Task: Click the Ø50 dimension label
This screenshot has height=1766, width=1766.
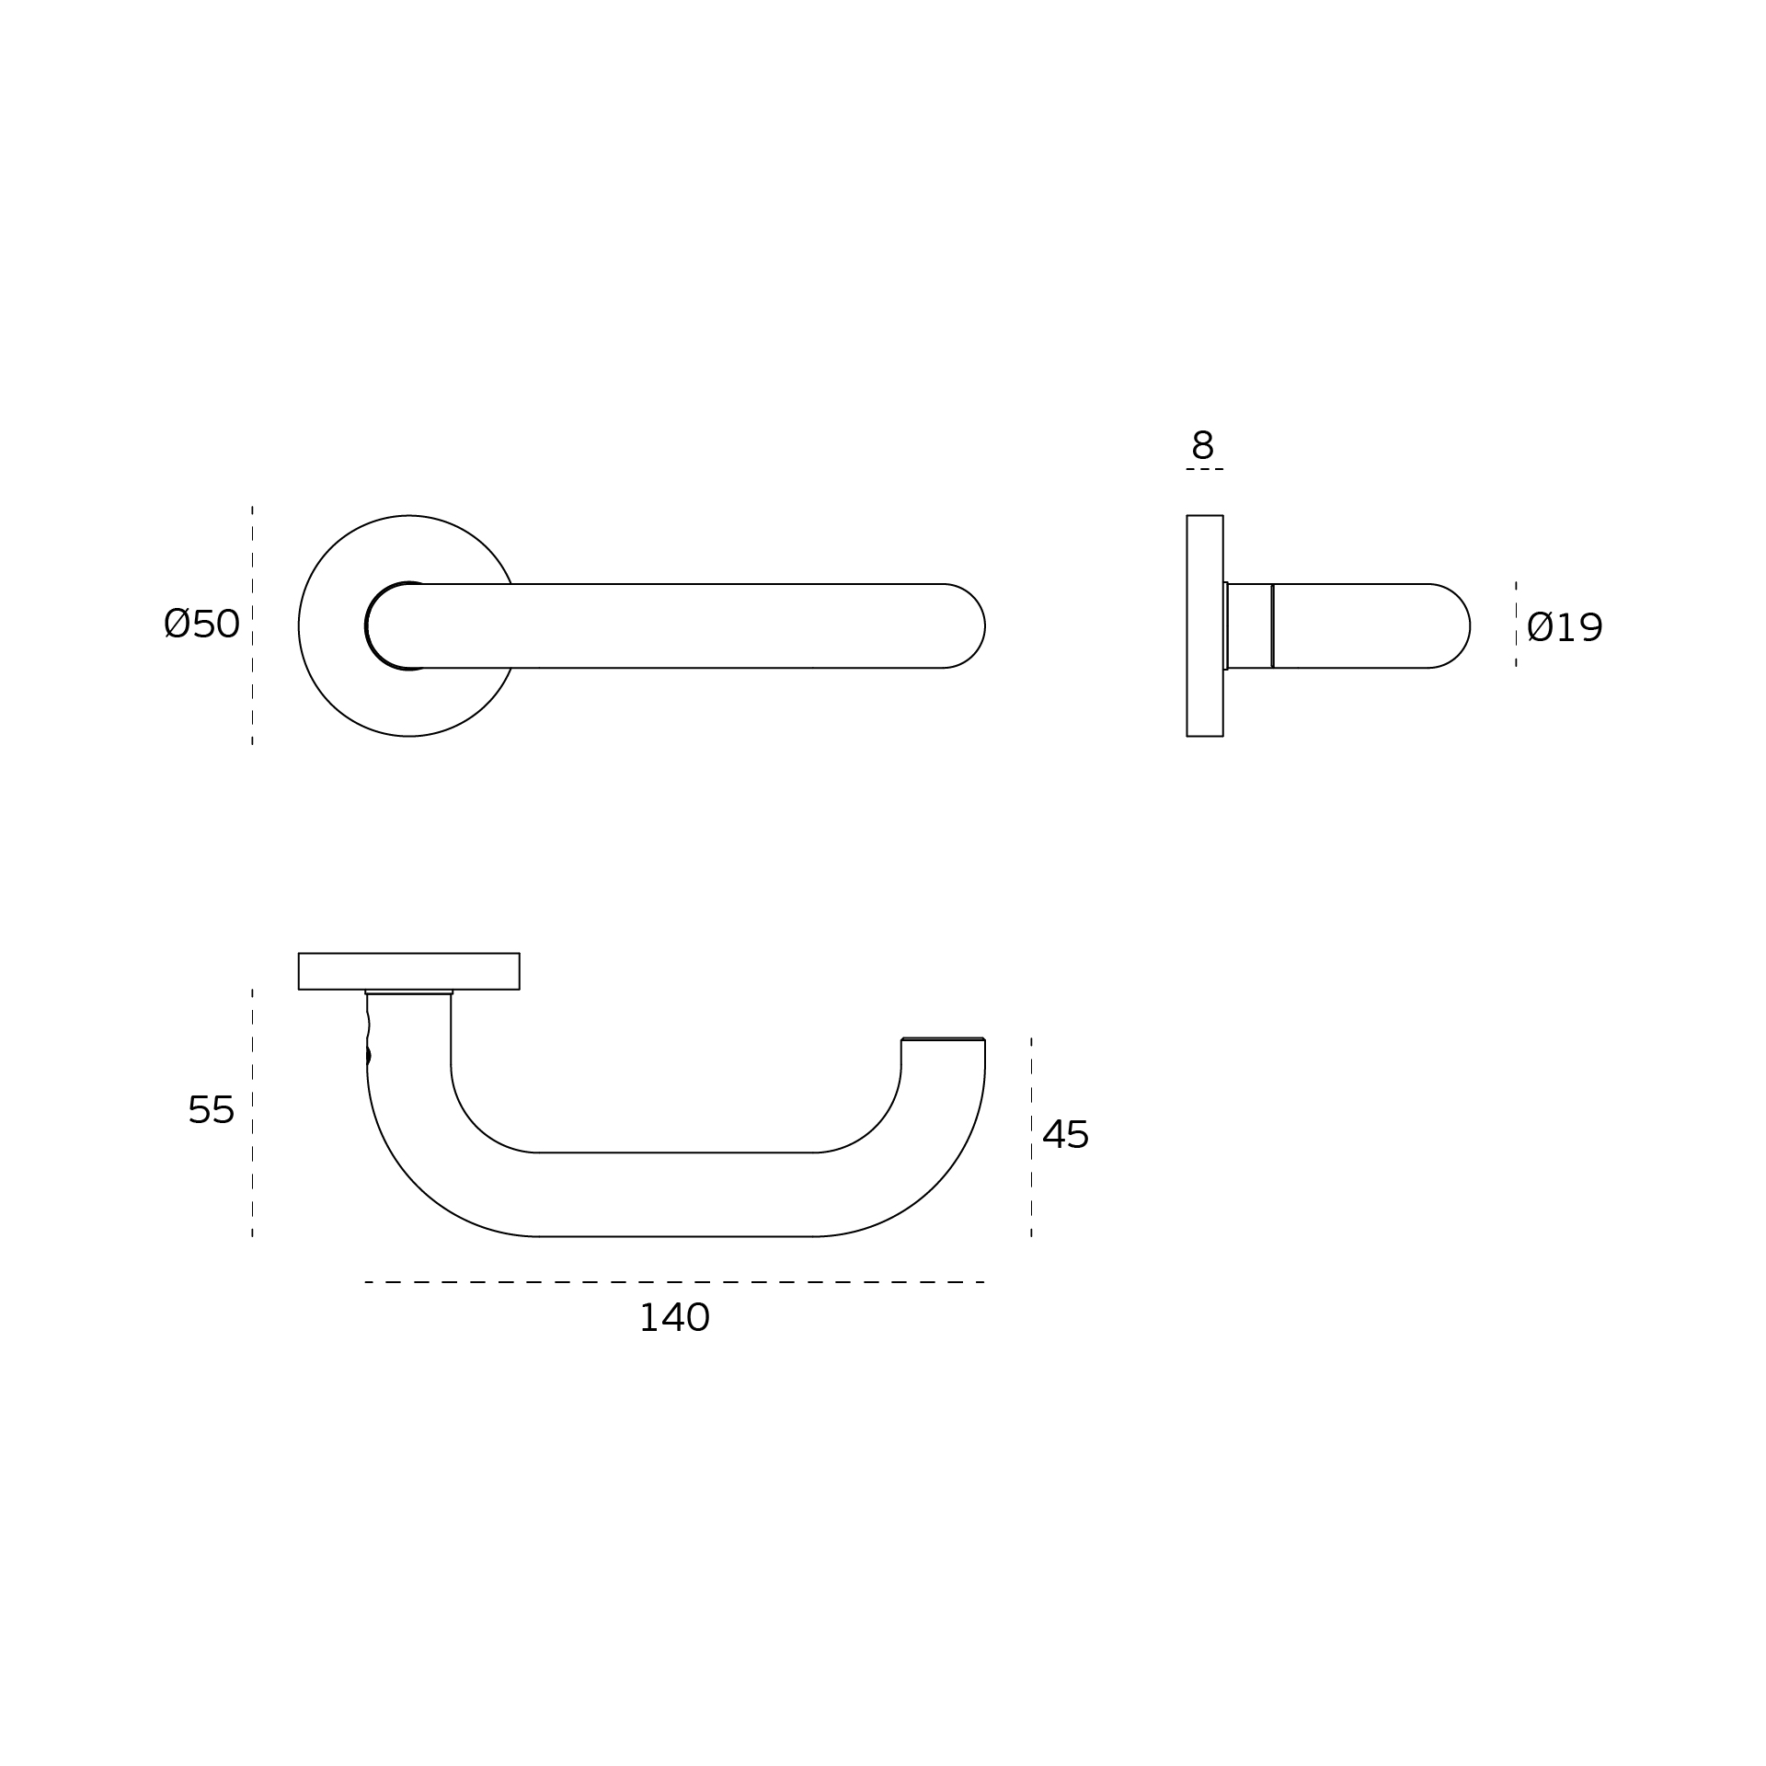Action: [x=201, y=624]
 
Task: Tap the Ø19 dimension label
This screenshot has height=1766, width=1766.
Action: [x=1565, y=627]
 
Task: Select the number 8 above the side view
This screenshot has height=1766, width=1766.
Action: [x=1202, y=445]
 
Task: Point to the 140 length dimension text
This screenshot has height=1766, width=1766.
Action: [x=674, y=1318]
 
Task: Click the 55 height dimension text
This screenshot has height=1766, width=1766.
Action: [x=211, y=1110]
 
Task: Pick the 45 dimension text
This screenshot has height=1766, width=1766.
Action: [x=1065, y=1135]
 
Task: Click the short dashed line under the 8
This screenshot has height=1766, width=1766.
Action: [x=1205, y=469]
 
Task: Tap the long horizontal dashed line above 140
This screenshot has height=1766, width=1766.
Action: [x=675, y=1282]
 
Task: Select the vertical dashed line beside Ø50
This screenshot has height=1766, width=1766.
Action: [x=252, y=625]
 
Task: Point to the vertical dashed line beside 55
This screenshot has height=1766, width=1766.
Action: [x=252, y=1113]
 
